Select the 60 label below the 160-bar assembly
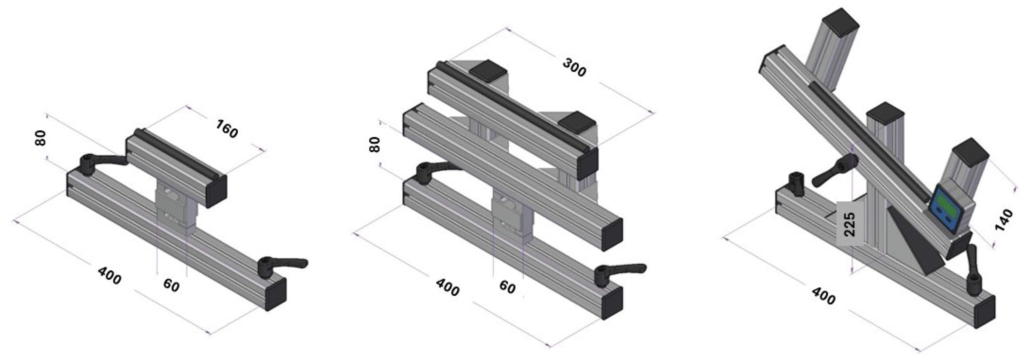click(171, 285)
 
